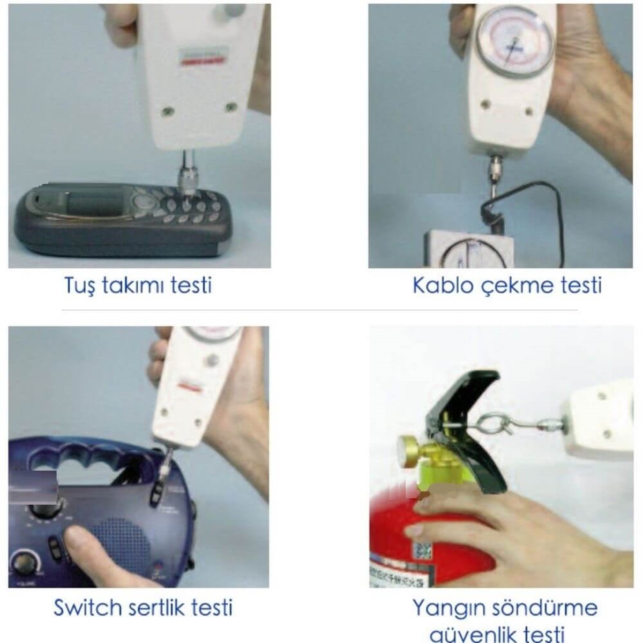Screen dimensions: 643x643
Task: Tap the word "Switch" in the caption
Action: (x=87, y=608)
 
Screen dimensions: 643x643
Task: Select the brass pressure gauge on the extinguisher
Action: (x=409, y=449)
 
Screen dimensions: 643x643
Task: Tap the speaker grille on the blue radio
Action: (x=121, y=541)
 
